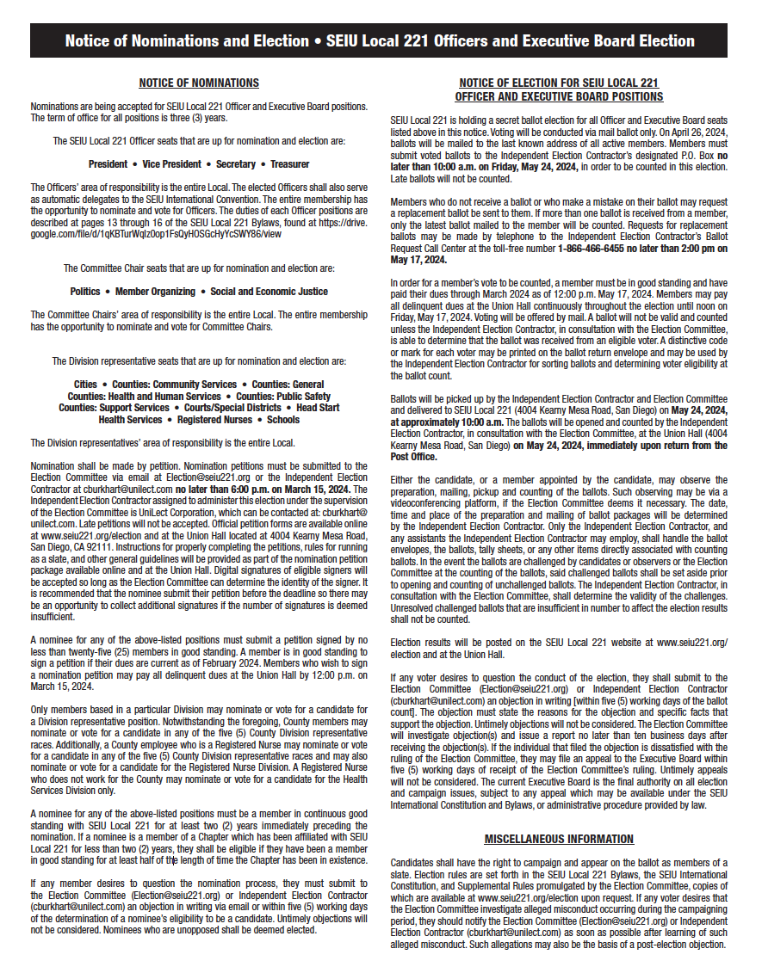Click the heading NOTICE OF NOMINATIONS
(x=199, y=83)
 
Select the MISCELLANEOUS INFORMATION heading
(x=559, y=839)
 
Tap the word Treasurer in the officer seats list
(x=289, y=163)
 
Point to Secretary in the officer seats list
(x=236, y=163)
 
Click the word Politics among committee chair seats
(x=85, y=292)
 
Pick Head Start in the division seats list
(x=318, y=408)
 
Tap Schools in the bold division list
(x=282, y=420)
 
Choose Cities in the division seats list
(x=85, y=385)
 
